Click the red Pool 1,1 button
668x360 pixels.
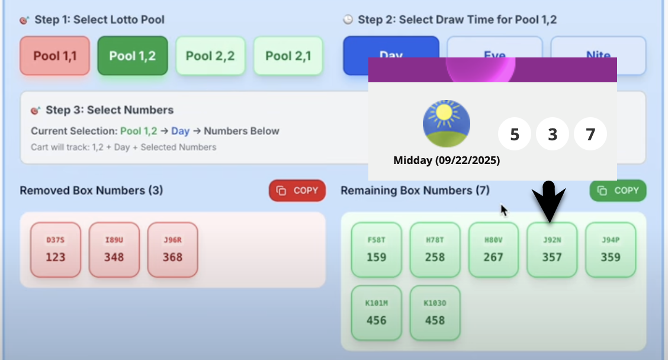54,56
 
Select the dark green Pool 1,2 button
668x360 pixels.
133,56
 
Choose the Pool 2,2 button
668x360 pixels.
210,56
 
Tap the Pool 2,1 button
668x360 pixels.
288,56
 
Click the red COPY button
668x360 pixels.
297,191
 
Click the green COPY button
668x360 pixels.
618,191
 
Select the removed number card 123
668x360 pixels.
56,250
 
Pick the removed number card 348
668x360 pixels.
114,250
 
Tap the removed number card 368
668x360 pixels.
172,250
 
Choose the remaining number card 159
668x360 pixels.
376,250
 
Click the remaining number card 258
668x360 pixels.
435,250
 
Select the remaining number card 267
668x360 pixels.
493,250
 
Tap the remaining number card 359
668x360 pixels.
611,250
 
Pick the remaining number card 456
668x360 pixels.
376,313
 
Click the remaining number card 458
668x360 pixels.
435,313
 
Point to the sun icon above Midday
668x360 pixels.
447,124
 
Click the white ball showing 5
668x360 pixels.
515,134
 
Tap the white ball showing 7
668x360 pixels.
590,134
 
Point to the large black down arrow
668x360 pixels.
549,201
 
